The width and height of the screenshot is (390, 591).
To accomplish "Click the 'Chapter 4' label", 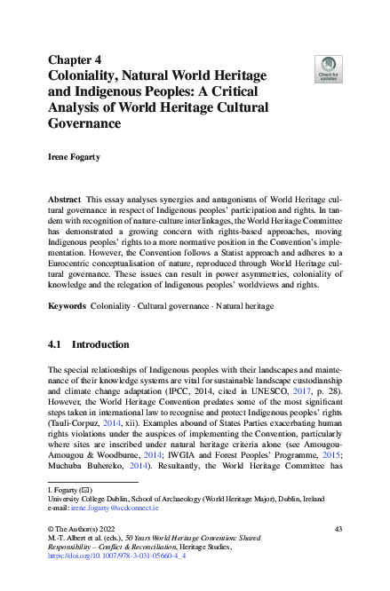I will (x=75, y=59).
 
